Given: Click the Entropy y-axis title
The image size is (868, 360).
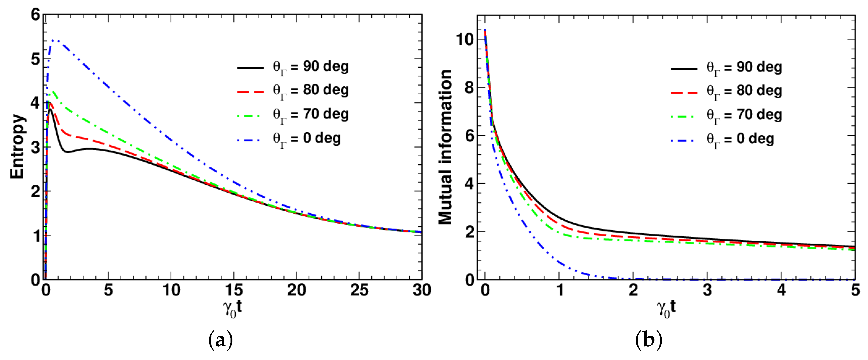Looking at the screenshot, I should (x=17, y=146).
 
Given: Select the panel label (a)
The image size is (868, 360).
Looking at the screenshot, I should (x=221, y=340).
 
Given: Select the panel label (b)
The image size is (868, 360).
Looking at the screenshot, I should (x=649, y=340).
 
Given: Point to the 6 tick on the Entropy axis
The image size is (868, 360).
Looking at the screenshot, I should (x=36, y=15).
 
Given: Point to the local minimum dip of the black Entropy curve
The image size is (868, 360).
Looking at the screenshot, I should (x=68, y=152).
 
